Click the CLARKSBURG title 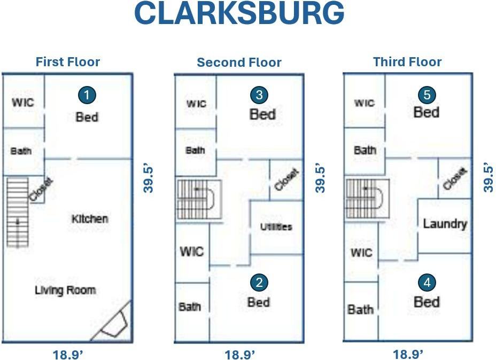[x=239, y=14]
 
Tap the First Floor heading [x=67, y=62]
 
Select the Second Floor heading [x=239, y=62]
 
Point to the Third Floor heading [x=407, y=62]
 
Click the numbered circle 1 [x=87, y=96]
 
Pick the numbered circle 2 [x=259, y=282]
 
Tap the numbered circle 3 [x=259, y=95]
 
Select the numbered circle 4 [x=427, y=282]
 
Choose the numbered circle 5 [x=427, y=95]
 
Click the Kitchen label [x=89, y=218]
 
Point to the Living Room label [x=65, y=290]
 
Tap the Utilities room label [x=276, y=226]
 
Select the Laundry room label [x=445, y=224]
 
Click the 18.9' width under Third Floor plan [x=408, y=354]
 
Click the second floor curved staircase [x=198, y=199]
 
